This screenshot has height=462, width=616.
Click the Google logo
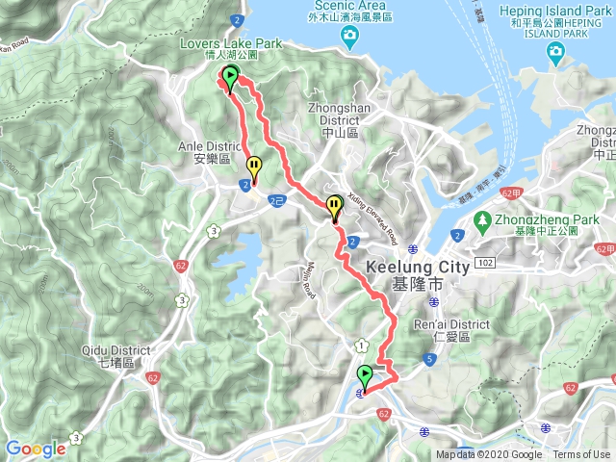point(36,449)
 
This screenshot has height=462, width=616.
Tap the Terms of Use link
point(581,455)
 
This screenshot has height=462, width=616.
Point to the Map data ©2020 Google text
point(489,455)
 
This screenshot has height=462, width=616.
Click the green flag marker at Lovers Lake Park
point(231,77)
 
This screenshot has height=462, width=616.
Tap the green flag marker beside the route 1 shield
point(365,374)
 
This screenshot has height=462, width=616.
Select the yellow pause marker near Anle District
point(253,166)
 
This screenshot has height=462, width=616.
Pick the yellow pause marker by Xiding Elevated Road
point(334,205)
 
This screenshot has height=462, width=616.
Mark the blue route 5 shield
point(429,359)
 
